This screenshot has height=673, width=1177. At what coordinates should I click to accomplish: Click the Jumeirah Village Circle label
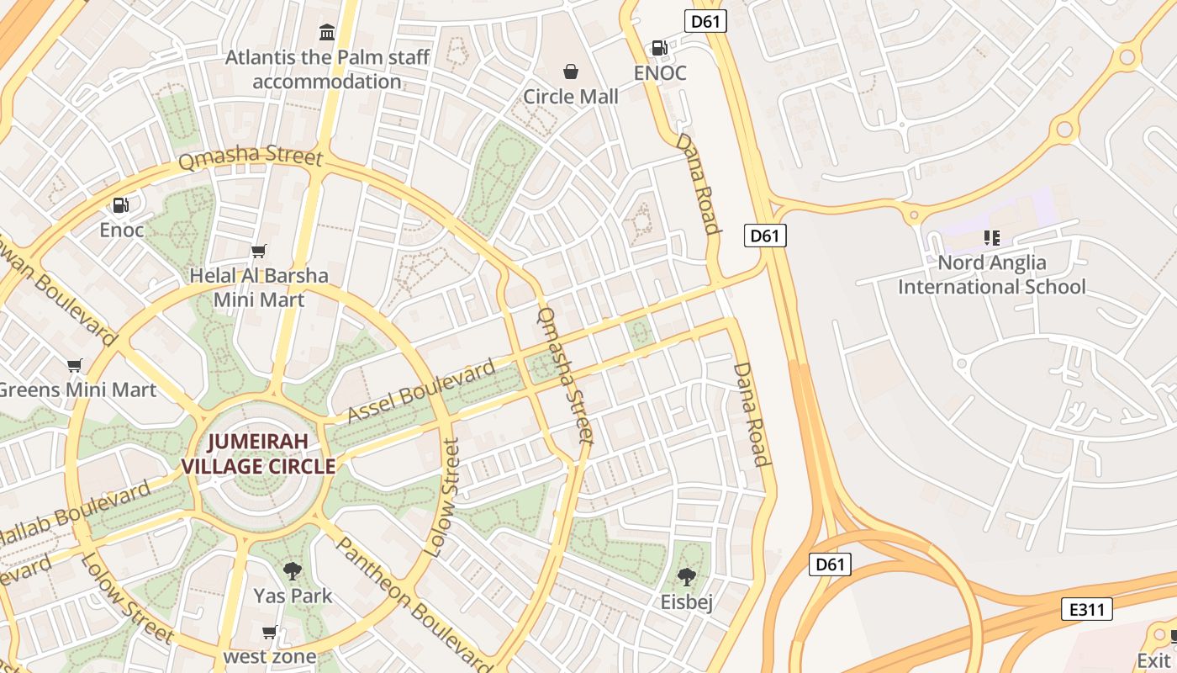[x=259, y=453]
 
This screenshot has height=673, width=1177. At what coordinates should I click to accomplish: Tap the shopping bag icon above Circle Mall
[x=571, y=72]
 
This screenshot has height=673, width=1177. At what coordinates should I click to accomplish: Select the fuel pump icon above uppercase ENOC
[x=660, y=48]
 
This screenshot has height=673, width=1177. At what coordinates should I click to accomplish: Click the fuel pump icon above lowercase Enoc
[x=121, y=205]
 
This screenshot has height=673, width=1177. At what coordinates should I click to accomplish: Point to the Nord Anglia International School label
[x=992, y=274]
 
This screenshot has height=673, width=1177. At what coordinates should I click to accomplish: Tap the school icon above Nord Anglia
[x=992, y=238]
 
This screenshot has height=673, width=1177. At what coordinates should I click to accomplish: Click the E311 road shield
[x=1086, y=608]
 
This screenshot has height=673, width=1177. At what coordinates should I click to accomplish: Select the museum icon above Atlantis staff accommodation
[x=327, y=33]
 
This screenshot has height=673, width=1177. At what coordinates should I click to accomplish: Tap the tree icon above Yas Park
[x=293, y=571]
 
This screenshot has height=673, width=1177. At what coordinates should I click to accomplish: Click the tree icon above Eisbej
[x=687, y=577]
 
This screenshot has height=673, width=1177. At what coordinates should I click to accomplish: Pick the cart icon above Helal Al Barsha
[x=259, y=251]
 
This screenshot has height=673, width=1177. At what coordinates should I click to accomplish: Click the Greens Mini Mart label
[x=77, y=389]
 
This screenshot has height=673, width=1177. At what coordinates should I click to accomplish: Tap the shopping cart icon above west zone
[x=270, y=632]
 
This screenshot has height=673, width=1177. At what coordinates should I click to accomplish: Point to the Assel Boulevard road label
[x=422, y=392]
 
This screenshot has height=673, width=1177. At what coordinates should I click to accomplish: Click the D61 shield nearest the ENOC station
[x=705, y=21]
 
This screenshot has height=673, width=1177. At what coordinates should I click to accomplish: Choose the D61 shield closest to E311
[x=830, y=564]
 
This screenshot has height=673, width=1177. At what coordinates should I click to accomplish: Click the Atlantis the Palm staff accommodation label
[x=327, y=69]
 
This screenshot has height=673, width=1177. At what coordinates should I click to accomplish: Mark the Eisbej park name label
[x=687, y=602]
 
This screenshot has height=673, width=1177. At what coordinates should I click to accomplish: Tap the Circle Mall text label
[x=571, y=96]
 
